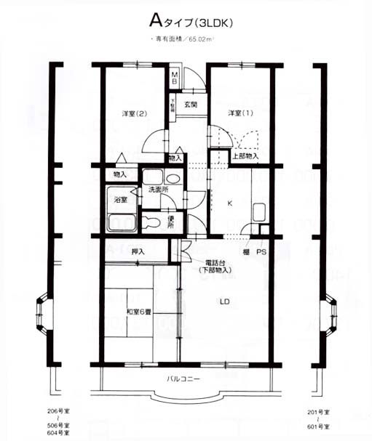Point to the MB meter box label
pyautogui.click(x=175, y=77)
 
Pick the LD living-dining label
pyautogui.click(x=226, y=301)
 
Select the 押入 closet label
pyautogui.click(x=138, y=251)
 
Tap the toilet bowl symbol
pyautogui.click(x=151, y=222)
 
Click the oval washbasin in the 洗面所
pyautogui.click(x=171, y=178)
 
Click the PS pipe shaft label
pyautogui.click(x=261, y=251)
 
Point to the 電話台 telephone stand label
pyautogui.click(x=215, y=262)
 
